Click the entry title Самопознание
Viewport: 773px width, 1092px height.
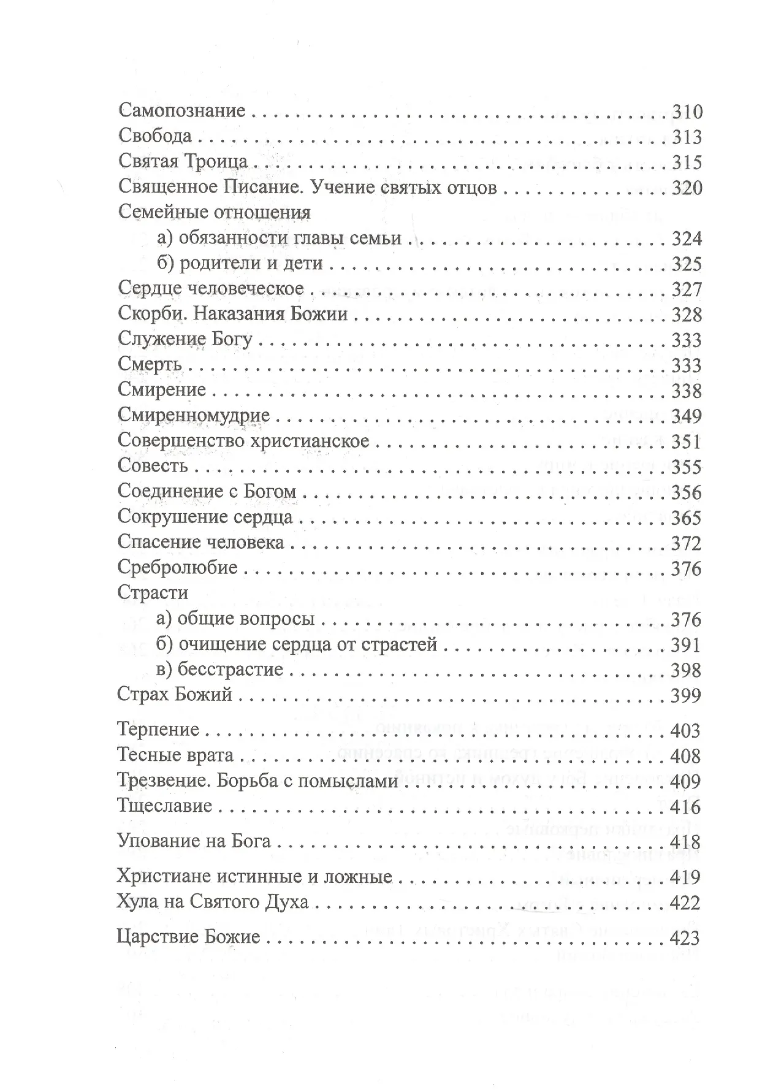tap(181, 112)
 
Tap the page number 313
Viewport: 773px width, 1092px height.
tap(687, 137)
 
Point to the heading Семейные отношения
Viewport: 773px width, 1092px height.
tap(214, 212)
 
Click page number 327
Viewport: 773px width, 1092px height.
tap(687, 289)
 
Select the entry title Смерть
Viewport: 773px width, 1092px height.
tap(150, 365)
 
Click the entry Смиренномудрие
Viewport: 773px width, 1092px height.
tap(194, 416)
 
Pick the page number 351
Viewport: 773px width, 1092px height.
tap(687, 441)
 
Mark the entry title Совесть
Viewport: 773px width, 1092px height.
tap(153, 467)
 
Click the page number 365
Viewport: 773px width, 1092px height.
tap(687, 517)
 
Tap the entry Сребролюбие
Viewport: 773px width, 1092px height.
tap(178, 568)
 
